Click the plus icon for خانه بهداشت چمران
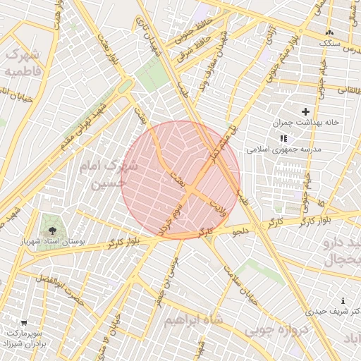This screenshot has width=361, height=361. pos(305,111)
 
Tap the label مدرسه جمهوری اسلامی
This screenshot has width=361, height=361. pos(283,149)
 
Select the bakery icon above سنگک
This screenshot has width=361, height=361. pos(329,32)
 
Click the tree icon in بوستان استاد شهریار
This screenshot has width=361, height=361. pos(51,231)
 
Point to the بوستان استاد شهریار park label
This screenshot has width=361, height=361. pos(51,242)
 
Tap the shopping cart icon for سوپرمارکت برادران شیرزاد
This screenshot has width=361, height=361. pos(24,322)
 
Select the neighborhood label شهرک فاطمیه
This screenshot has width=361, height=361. pos(23,63)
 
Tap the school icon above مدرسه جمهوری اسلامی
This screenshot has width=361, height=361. pos(283,139)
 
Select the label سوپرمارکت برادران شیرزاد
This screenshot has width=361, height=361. pos(27,338)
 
